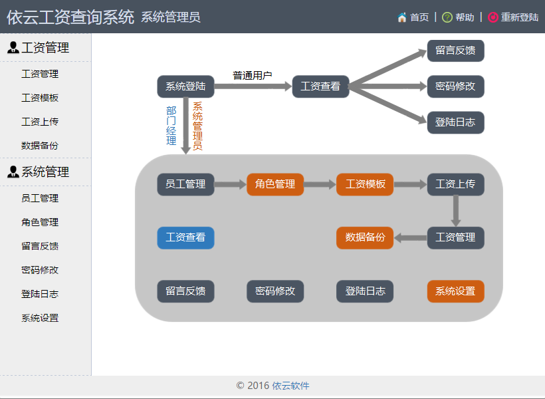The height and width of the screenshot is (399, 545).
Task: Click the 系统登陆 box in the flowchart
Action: pyautogui.click(x=185, y=86)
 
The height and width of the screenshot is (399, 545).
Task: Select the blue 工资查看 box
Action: pyautogui.click(x=185, y=237)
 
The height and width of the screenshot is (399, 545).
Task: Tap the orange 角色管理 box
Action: pyautogui.click(x=275, y=184)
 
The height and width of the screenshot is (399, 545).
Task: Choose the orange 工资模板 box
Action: pyautogui.click(x=365, y=184)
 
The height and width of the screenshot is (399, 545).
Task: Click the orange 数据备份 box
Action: pyautogui.click(x=365, y=237)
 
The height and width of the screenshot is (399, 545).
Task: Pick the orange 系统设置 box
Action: pyautogui.click(x=455, y=291)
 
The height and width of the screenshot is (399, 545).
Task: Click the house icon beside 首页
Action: pyautogui.click(x=402, y=17)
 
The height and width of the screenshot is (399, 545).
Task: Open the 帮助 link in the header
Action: pyautogui.click(x=465, y=17)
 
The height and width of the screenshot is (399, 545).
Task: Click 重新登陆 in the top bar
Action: pyautogui.click(x=520, y=17)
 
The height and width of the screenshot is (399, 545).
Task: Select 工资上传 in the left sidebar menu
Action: pyautogui.click(x=40, y=122)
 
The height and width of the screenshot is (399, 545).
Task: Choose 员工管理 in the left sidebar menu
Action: pyautogui.click(x=40, y=198)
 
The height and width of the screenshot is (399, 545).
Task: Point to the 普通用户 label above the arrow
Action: pyautogui.click(x=253, y=75)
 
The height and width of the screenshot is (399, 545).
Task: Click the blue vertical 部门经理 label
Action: pyautogui.click(x=171, y=126)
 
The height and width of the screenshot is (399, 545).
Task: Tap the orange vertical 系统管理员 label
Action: pyautogui.click(x=198, y=126)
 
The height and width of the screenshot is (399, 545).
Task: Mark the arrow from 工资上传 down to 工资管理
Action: pyautogui.click(x=456, y=211)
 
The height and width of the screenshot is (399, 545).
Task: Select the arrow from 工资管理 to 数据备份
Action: pyautogui.click(x=411, y=238)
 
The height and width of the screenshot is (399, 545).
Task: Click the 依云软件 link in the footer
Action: pyautogui.click(x=290, y=386)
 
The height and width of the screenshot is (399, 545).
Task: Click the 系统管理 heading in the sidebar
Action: pyautogui.click(x=45, y=172)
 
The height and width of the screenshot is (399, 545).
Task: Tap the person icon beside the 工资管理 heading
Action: pyautogui.click(x=13, y=47)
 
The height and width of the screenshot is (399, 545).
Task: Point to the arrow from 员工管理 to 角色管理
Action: pyautogui.click(x=231, y=184)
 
